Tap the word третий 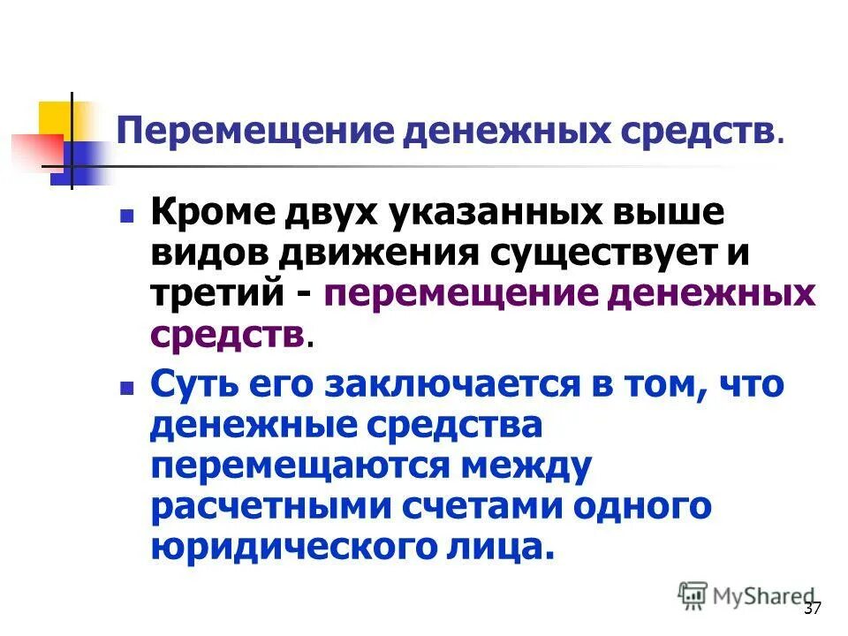(x=216, y=293)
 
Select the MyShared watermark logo (x=746, y=595)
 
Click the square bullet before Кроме (x=127, y=215)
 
